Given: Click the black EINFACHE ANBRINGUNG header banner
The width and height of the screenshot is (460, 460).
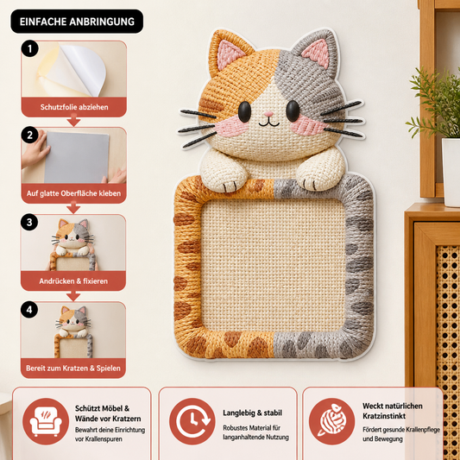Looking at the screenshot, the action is [x=77, y=22].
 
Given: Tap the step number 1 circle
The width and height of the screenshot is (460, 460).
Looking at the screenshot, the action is [x=29, y=48].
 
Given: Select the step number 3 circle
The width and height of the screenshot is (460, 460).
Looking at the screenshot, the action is [x=29, y=222].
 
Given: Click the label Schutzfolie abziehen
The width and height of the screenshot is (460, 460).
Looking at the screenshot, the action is [x=74, y=107].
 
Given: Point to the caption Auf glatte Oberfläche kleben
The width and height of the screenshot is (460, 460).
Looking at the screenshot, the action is [x=73, y=193].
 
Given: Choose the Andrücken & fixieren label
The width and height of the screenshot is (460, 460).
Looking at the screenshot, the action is [x=73, y=281].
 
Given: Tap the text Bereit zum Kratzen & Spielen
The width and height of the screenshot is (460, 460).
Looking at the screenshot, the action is [x=73, y=369].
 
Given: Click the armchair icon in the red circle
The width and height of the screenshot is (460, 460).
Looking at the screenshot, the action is [x=46, y=421].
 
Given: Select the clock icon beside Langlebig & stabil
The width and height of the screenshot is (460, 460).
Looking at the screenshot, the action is [x=192, y=421].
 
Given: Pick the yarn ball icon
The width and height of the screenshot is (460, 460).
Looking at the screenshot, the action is [x=331, y=421].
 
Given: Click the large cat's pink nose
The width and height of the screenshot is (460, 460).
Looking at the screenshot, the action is [x=268, y=114].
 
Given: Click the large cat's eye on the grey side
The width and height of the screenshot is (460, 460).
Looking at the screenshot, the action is [x=293, y=111].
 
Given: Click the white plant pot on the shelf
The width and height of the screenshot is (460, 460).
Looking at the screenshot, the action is [x=451, y=173].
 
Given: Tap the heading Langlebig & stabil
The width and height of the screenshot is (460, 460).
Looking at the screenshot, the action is [x=252, y=413].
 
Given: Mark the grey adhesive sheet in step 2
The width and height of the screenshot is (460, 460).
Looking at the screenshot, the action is [x=77, y=158].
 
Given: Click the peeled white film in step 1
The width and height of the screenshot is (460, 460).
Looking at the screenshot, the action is [x=79, y=70].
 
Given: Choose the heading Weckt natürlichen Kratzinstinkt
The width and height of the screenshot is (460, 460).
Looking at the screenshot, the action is [x=393, y=411].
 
